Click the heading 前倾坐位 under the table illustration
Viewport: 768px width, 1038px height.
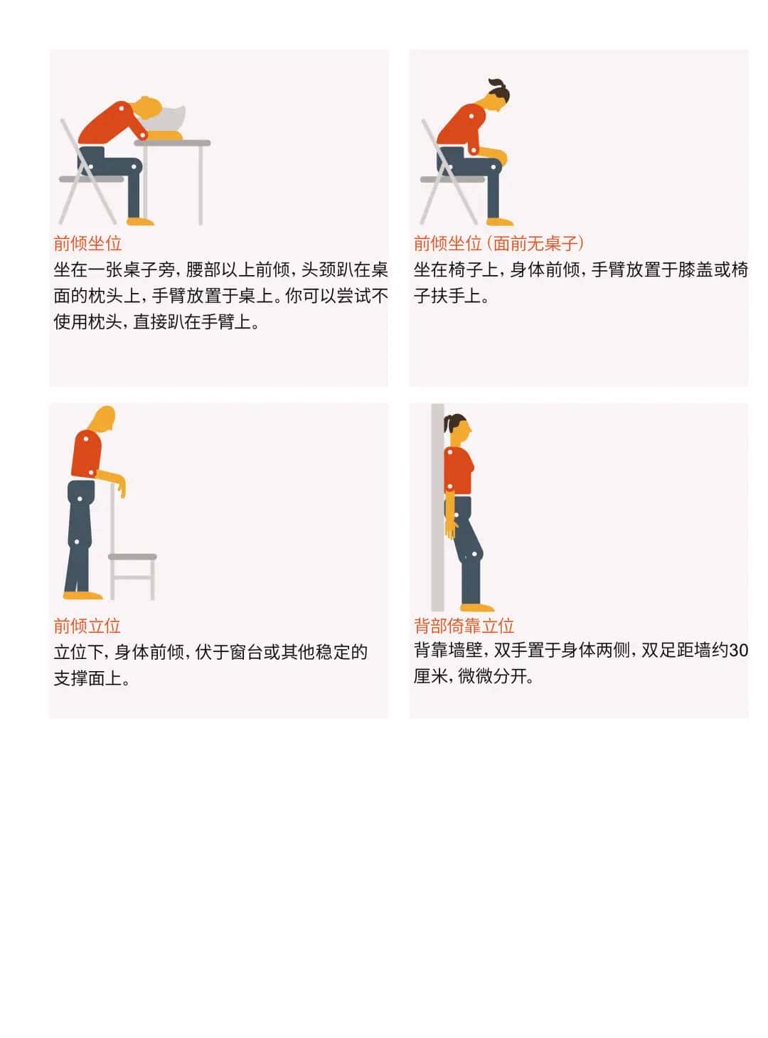coord(87,243)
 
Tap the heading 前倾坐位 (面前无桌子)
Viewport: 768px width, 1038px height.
coord(498,243)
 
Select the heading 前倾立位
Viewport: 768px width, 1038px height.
coord(87,626)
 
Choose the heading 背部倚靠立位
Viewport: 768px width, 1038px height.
coord(464,626)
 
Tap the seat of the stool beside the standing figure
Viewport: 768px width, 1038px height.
coord(133,557)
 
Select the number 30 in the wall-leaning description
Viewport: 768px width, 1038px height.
coord(738,650)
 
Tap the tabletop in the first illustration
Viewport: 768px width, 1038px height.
coord(174,143)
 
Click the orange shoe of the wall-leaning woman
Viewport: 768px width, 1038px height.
coord(477,607)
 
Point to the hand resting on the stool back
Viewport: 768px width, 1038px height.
coord(121,488)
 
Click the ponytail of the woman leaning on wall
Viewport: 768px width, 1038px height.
coord(448,424)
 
